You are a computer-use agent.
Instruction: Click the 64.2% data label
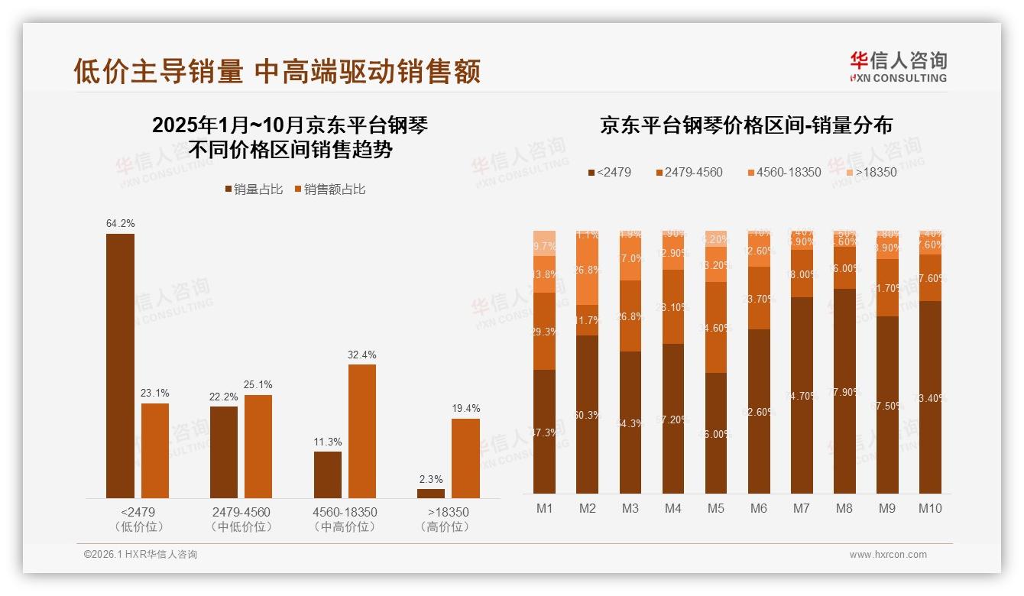[x=120, y=224]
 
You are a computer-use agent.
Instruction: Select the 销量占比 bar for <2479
[x=120, y=366]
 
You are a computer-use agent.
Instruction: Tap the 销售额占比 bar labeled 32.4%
[x=362, y=431]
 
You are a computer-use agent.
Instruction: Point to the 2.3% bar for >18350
[x=431, y=494]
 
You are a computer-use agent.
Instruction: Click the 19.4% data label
[x=465, y=409]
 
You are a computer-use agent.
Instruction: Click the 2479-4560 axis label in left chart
[x=241, y=512]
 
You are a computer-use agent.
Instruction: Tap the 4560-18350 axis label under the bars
[x=345, y=512]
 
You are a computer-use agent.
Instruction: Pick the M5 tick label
[x=716, y=509]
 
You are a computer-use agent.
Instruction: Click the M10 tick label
[x=930, y=509]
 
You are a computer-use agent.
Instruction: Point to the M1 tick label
[x=545, y=509]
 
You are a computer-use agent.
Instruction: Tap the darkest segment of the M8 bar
[x=844, y=391]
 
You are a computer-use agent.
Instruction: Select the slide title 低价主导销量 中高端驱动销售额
[x=277, y=72]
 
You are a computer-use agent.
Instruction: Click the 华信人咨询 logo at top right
[x=898, y=66]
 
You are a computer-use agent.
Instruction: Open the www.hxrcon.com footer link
[x=888, y=555]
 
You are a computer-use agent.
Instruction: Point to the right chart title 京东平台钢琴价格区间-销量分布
[x=746, y=125]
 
